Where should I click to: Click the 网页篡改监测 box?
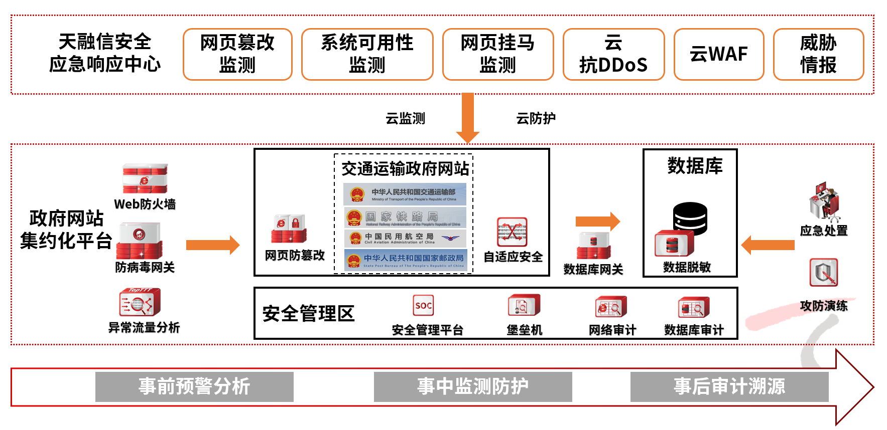(237, 54)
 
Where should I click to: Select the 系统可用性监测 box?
(367, 54)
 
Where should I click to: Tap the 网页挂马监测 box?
(497, 54)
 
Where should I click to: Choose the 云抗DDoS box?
(613, 54)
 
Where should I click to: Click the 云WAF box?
(718, 54)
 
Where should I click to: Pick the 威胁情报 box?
(818, 54)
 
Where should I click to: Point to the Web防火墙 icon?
(145, 178)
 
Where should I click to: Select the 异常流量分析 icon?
(140, 302)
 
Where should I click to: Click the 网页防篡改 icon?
(289, 229)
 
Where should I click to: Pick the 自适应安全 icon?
(512, 232)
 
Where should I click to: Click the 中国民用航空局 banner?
(405, 238)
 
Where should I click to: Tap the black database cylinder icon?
(690, 219)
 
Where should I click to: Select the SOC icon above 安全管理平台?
(423, 305)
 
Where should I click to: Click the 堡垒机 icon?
(524, 305)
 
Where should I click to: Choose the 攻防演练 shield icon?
(823, 273)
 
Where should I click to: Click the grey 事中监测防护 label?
(473, 386)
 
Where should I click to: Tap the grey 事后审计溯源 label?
(729, 386)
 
